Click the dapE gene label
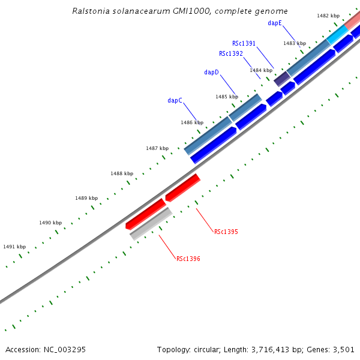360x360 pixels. pyautogui.click(x=275, y=23)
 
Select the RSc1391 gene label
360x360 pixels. pyautogui.click(x=244, y=43)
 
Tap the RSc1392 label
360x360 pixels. pyautogui.click(x=230, y=53)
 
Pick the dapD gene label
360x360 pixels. pyautogui.click(x=211, y=73)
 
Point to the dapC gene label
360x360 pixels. pyautogui.click(x=175, y=100)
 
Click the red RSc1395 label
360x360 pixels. pyautogui.click(x=226, y=232)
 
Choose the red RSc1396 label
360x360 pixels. pyautogui.click(x=188, y=259)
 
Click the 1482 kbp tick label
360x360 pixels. pyautogui.click(x=328, y=16)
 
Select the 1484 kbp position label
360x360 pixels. pyautogui.click(x=260, y=70)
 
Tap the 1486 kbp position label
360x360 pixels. pyautogui.click(x=191, y=122)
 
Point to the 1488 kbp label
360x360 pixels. pyautogui.click(x=121, y=173)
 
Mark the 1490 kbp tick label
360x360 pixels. pyautogui.click(x=50, y=223)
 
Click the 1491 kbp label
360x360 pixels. pyautogui.click(x=14, y=247)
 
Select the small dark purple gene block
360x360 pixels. pyautogui.click(x=281, y=79)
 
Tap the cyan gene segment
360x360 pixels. pyautogui.click(x=337, y=35)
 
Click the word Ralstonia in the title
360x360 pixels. pyautogui.click(x=91, y=11)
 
